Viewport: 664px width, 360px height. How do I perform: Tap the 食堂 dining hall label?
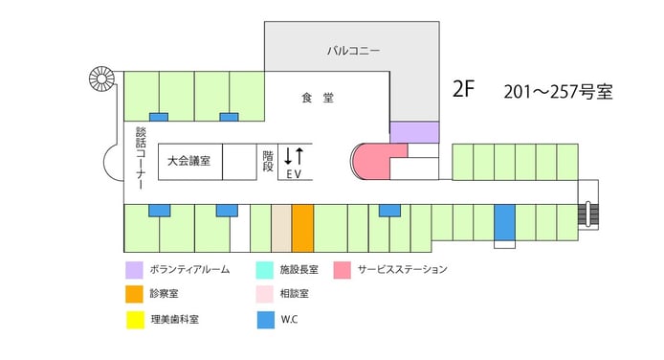(x=316, y=98)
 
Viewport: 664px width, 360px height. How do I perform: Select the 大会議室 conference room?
(x=188, y=162)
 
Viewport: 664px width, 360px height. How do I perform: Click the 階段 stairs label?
(x=267, y=160)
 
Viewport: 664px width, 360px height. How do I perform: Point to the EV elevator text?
(x=294, y=174)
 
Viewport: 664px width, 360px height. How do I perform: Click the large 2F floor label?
(x=463, y=90)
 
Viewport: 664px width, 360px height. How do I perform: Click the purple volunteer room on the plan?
(x=413, y=131)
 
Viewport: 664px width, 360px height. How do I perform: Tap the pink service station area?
(x=375, y=159)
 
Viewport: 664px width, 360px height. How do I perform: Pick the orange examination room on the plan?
(x=302, y=227)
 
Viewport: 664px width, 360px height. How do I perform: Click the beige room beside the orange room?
(x=281, y=227)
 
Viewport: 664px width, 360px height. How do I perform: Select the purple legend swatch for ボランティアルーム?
(x=134, y=270)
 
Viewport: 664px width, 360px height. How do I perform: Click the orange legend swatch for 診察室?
(x=134, y=294)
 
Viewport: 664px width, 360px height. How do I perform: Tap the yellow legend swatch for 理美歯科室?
(x=134, y=318)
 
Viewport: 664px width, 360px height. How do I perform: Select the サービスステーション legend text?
(x=402, y=270)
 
